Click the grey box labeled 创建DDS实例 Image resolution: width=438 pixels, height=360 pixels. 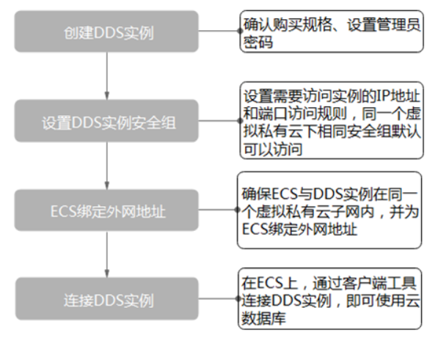click(106, 32)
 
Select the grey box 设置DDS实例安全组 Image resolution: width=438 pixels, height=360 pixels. click(106, 121)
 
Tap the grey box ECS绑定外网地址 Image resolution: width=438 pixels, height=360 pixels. click(106, 210)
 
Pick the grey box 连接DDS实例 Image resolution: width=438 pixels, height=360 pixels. click(107, 298)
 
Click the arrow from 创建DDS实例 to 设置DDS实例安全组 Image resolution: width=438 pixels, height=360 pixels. click(106, 76)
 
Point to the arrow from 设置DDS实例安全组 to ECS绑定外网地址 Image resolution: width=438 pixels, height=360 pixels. click(106, 166)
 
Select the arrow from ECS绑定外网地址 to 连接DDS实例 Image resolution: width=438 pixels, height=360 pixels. click(106, 254)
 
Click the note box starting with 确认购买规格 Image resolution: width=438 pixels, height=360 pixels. click(332, 32)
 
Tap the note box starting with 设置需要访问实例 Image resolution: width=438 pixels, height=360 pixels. click(332, 120)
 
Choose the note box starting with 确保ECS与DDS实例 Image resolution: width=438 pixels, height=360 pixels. click(329, 210)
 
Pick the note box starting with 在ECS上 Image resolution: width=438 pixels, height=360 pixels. click(329, 298)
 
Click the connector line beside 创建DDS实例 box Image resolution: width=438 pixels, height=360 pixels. click(219, 31)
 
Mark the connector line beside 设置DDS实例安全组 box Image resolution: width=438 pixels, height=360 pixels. click(219, 120)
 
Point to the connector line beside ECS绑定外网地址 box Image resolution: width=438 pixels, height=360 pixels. click(218, 210)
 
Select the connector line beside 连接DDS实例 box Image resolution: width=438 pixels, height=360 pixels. click(219, 298)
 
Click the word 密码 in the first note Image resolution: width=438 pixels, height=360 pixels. click(258, 43)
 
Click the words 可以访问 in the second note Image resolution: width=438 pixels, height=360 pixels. click(273, 149)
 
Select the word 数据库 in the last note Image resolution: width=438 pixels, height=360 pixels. click(263, 318)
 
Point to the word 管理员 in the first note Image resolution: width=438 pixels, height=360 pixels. click(398, 24)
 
